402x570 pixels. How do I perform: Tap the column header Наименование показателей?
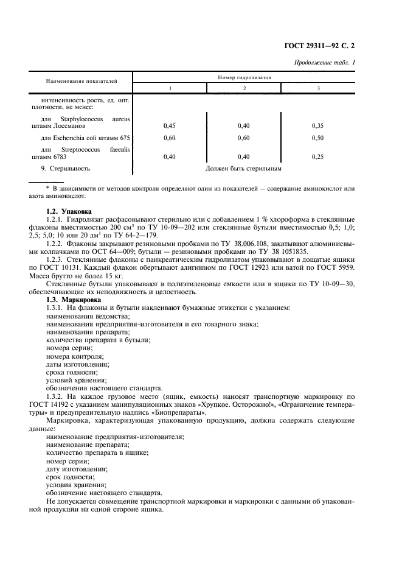tap(82, 80)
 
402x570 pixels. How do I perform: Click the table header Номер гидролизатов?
tap(244, 78)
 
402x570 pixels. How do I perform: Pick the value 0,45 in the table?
tap(170, 125)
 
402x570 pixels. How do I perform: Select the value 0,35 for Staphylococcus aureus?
tap(317, 125)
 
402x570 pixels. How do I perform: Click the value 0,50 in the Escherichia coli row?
tap(317, 138)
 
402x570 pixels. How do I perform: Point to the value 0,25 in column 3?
tap(317, 157)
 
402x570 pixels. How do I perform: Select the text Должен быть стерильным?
tap(243, 169)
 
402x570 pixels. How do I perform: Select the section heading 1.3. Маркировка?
tap(72, 300)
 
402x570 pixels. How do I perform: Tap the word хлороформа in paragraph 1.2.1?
tap(266, 217)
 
